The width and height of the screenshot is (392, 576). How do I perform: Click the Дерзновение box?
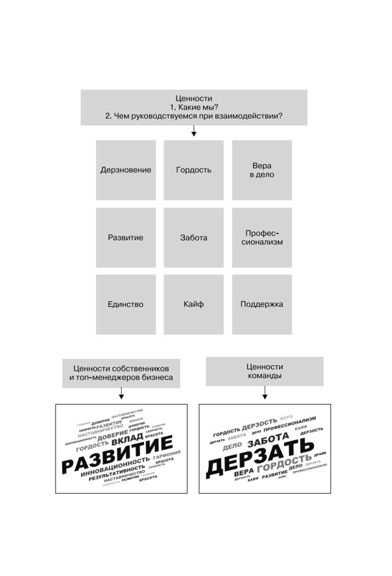coord(126,170)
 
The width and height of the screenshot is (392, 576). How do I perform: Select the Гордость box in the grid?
coord(194,170)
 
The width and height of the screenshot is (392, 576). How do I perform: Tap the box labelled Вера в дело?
coord(262,170)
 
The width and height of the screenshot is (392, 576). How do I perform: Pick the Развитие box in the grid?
coord(126,238)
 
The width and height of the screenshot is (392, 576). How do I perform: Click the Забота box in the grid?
coord(194,238)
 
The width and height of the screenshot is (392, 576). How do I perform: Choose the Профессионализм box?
coord(262,238)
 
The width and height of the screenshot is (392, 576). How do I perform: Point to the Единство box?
coord(126,304)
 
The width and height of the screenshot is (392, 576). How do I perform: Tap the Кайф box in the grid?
coord(194,304)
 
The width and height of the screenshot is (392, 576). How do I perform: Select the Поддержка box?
coord(262,304)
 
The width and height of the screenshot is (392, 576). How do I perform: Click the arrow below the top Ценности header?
coord(194,131)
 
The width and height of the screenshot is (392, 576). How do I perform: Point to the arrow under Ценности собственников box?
coord(121,394)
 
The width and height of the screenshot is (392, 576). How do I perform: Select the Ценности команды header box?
coord(265,371)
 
